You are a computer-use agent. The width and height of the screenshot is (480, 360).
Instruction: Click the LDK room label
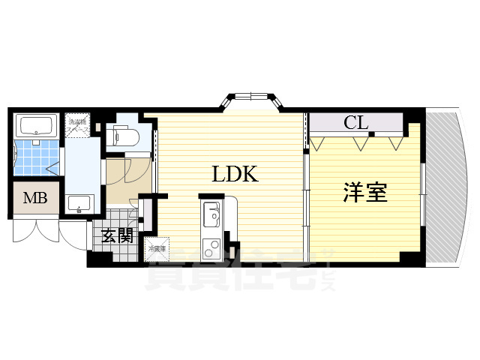click(x=235, y=175)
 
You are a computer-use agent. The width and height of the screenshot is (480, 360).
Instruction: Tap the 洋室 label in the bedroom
click(x=365, y=193)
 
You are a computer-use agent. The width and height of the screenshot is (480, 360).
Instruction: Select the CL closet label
click(x=355, y=123)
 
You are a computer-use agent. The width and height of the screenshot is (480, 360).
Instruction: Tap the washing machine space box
click(x=79, y=126)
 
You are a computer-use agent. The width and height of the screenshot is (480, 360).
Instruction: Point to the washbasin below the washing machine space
click(x=78, y=203)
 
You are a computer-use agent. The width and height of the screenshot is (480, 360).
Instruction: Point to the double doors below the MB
click(x=36, y=229)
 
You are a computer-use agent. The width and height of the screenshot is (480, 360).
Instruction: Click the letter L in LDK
click(x=218, y=175)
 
